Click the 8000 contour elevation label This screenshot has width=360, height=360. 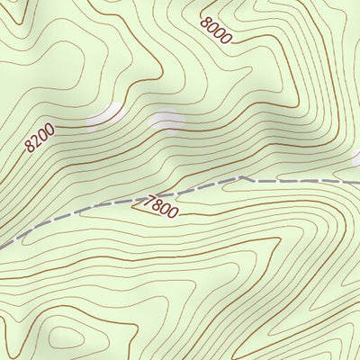coord(217,31)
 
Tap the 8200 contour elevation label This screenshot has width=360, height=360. coord(40,137)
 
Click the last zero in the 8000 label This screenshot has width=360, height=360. coord(226,39)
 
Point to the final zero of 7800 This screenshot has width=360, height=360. coord(173,212)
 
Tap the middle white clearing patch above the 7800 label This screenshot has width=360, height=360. coord(166,119)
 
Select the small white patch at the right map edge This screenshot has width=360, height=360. coord(355,158)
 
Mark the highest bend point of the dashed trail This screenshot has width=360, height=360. coord(243,177)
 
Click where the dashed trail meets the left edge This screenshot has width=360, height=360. coord(2,245)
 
